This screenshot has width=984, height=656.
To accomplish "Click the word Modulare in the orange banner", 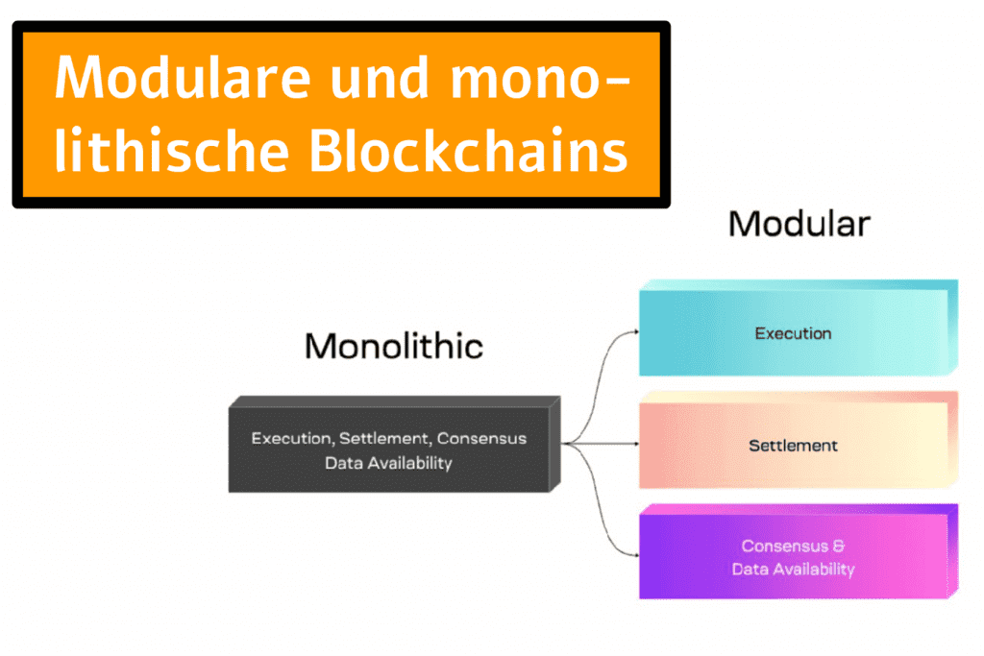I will (184, 80).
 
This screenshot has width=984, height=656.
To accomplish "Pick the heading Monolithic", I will (394, 346).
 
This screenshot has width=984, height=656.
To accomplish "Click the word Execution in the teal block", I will (793, 334).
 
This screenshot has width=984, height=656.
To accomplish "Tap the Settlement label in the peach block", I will (793, 446).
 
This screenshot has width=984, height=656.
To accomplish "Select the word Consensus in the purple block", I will (782, 547).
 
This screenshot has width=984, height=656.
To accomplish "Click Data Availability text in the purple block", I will (793, 570).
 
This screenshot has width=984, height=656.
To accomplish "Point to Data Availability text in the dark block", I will (388, 463).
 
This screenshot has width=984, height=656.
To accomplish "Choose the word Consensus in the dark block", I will (482, 439).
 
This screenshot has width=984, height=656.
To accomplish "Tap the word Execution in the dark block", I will (291, 439).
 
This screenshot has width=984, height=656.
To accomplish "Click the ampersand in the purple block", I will (839, 547).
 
